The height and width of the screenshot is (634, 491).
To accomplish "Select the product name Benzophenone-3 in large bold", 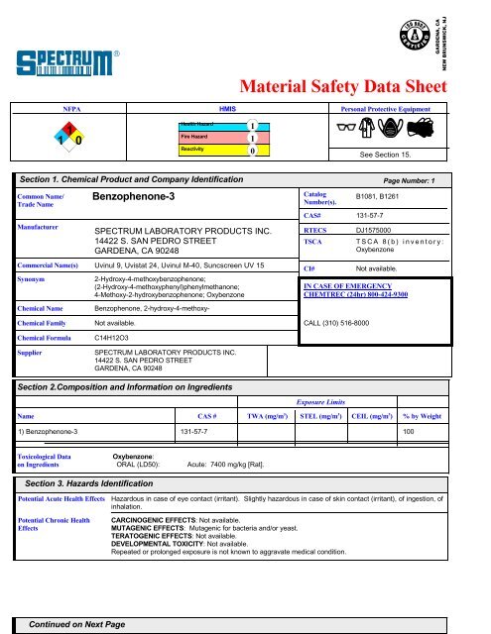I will point(139,198).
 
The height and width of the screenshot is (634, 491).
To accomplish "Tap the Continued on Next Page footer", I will point(76,624).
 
